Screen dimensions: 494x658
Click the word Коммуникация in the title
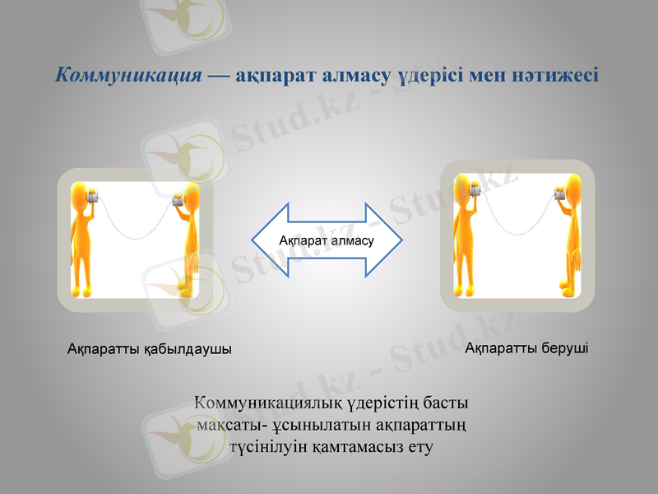(x=128, y=76)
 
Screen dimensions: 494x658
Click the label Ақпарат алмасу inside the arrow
(x=327, y=240)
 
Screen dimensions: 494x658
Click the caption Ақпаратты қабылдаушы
(x=149, y=349)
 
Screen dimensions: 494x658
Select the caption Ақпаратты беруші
(x=526, y=348)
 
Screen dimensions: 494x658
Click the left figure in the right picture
(x=468, y=235)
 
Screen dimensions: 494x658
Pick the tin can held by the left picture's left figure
(x=93, y=197)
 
